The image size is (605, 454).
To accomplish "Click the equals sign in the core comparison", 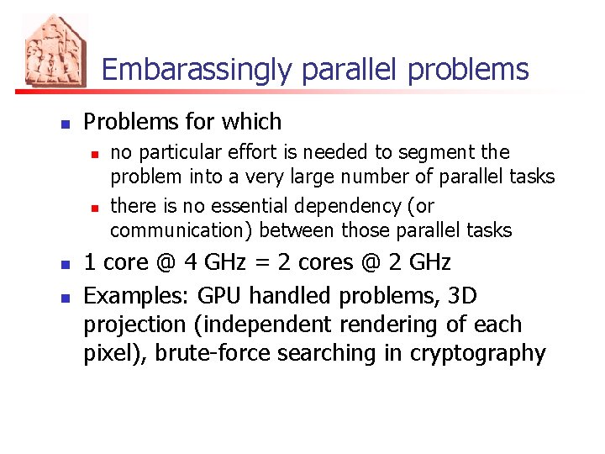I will click(236, 263).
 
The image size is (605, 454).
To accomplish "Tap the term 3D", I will click(462, 296).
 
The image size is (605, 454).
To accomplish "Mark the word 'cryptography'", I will click(477, 353).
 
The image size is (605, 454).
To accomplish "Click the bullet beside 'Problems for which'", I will click(64, 124).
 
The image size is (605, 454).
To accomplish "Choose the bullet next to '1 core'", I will click(64, 265).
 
